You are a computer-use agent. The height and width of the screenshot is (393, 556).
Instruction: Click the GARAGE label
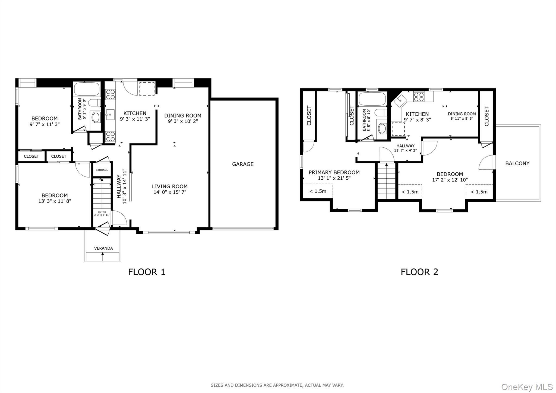[x=243, y=164]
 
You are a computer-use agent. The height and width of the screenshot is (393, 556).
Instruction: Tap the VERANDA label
[x=103, y=248]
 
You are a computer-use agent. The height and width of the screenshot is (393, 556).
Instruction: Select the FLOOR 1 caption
[x=147, y=272]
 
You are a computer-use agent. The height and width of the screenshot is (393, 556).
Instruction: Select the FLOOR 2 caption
[x=419, y=272]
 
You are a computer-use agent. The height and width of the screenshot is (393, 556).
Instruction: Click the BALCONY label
[x=517, y=163]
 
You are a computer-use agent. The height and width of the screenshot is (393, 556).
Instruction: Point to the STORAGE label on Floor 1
[x=102, y=170]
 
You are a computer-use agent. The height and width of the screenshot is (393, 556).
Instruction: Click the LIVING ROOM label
[x=170, y=186]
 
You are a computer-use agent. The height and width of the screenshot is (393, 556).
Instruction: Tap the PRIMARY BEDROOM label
[x=334, y=172]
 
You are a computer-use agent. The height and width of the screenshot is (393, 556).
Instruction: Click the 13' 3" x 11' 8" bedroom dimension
[x=55, y=201]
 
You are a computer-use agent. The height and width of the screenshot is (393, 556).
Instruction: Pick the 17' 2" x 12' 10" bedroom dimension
[x=450, y=180]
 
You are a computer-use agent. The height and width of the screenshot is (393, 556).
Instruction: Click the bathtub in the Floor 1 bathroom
[x=87, y=89]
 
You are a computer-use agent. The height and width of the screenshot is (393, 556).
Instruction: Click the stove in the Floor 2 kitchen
[x=419, y=97]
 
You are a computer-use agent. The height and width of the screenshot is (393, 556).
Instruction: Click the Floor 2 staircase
[x=386, y=181]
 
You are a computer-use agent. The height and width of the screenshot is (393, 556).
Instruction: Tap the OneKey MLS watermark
[x=527, y=386]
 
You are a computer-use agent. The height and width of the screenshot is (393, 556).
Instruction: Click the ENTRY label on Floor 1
[x=102, y=212]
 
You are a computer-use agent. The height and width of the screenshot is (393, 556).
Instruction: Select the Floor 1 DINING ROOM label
[x=183, y=116]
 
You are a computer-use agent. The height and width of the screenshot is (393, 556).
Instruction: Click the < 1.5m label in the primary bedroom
[x=318, y=191]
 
